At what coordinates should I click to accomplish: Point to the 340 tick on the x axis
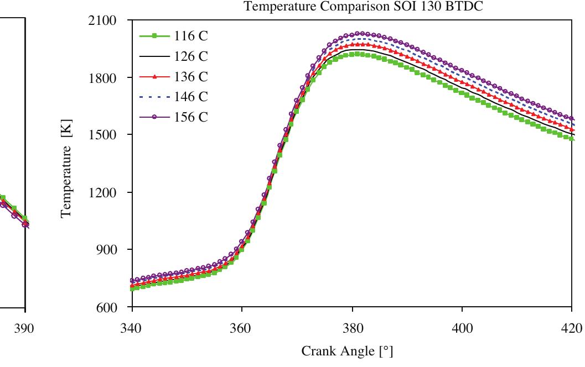click(131, 328)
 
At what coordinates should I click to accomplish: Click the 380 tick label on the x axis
click(352, 328)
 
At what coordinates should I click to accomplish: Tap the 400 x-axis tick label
click(462, 328)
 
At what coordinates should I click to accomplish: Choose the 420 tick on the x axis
click(572, 328)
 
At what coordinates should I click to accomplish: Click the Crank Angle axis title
click(347, 352)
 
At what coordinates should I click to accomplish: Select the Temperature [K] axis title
click(67, 166)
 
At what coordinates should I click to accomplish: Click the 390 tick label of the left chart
click(24, 328)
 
